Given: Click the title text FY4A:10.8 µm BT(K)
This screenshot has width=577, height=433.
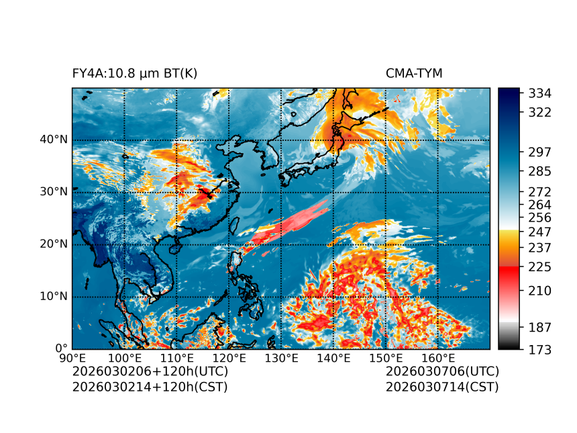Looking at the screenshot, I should pos(135,73).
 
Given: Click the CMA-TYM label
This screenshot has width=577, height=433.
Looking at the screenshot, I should pos(414,73).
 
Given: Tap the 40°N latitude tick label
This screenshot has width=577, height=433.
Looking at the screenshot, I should pos(54,140).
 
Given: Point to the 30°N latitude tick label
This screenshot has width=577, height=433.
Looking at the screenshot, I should pos(54,192).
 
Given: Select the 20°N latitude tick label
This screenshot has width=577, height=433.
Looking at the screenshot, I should pos(54,244).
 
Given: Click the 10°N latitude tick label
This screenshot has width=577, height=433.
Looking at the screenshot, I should pos(54,297).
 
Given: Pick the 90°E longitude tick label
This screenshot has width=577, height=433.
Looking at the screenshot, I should pos(72,358).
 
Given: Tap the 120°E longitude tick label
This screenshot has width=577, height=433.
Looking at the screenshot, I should pos(229,358).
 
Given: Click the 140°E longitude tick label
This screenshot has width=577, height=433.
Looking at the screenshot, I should pos(333,358).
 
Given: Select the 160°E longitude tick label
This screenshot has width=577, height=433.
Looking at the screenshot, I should pos(437,358).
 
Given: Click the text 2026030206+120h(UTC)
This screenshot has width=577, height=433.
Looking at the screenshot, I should pos(150,371).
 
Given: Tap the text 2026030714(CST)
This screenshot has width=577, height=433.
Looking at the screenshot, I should pos(442,387).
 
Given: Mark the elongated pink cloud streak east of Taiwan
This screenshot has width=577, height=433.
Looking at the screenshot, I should pos(288,224).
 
